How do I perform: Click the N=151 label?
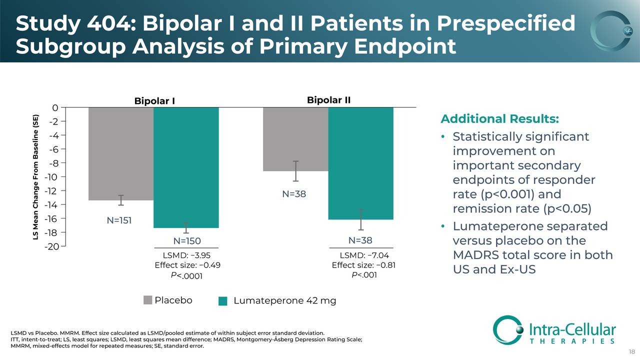[x=119, y=220]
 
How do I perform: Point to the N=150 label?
[x=186, y=241]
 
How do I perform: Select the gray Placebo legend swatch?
[x=147, y=300]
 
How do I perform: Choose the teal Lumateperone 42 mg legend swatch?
[x=223, y=301]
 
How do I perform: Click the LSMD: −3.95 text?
[x=187, y=256]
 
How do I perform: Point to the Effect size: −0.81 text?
[x=363, y=265]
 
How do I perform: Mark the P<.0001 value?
[x=186, y=275]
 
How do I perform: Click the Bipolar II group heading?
[x=328, y=100]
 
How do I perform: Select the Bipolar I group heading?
[x=154, y=101]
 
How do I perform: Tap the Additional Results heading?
[x=499, y=119]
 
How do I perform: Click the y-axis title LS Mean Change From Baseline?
[x=36, y=176]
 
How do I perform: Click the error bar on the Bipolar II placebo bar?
[x=295, y=171]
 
